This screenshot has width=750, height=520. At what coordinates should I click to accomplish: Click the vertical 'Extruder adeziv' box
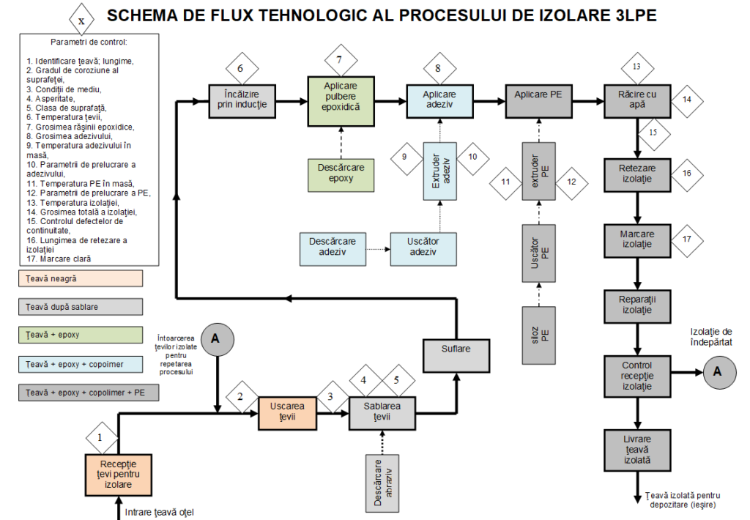click(x=440, y=171)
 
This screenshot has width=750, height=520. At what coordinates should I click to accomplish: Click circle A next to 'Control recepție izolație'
click(x=718, y=372)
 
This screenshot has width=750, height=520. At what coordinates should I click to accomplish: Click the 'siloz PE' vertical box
click(x=538, y=335)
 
